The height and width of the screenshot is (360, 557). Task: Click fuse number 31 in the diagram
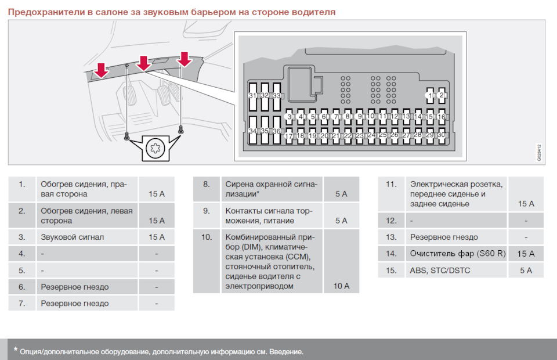coord(252,96)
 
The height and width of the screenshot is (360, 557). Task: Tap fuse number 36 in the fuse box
coord(276,131)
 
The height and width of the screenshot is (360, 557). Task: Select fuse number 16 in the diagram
coord(442,117)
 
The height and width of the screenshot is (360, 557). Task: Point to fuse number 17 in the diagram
coord(289,136)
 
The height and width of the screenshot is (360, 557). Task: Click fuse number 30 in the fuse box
coord(442,135)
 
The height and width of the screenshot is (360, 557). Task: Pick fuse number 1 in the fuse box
coord(430,96)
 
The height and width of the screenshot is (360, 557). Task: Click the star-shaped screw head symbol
coord(155,148)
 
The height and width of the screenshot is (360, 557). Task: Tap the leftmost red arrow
coord(101,70)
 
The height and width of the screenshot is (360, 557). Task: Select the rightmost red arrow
coord(185,59)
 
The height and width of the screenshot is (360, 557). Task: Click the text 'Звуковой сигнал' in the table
coord(72,237)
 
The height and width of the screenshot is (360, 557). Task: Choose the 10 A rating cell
coord(341,286)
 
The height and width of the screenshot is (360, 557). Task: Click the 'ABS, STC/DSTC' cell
coord(440,271)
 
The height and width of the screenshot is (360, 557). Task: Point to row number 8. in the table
coord(207,184)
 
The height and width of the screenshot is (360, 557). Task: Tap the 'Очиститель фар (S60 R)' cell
coord(458,253)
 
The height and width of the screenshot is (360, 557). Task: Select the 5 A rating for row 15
coord(526,271)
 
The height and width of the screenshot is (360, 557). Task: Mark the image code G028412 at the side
coord(539,153)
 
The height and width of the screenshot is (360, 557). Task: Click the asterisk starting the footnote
coord(15,350)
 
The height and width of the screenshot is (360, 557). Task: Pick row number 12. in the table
coord(391,221)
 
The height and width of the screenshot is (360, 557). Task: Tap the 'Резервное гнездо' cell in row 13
coord(444,237)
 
